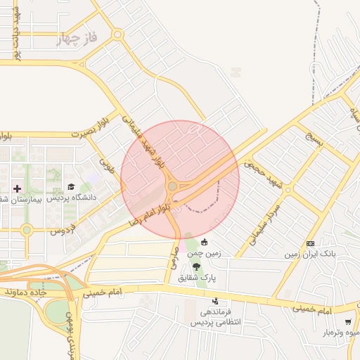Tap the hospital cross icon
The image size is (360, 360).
(x=17, y=188)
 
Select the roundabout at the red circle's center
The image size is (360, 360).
(x=173, y=186)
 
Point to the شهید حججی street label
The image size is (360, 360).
(x=263, y=173)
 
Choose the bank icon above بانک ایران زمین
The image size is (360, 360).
(x=309, y=242)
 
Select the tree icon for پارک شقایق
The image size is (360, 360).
(x=195, y=267)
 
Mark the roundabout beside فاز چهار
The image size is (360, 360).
(x=117, y=33)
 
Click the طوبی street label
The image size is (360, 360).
(x=108, y=166)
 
